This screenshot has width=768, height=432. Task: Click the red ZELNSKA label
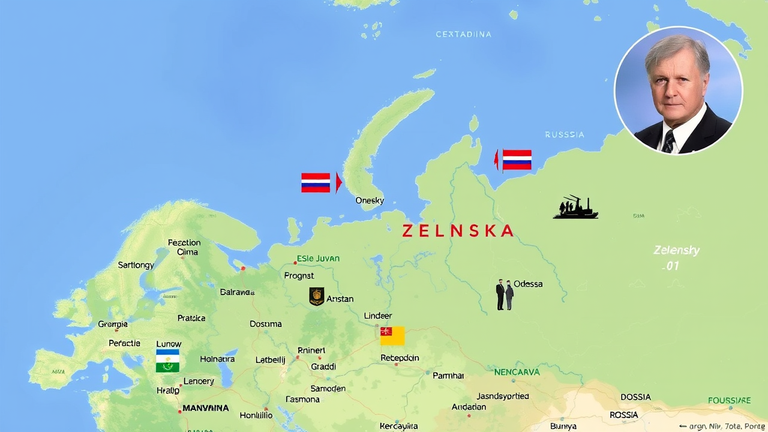point(458,231)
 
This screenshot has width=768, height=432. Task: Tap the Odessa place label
point(528,284)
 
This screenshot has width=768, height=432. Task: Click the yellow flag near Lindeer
point(392,336)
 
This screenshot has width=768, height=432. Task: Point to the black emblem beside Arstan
point(317,296)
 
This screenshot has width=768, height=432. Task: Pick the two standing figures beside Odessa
point(505,295)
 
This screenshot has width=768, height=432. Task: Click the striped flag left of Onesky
point(316,182)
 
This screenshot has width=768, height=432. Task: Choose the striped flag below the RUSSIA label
point(517,160)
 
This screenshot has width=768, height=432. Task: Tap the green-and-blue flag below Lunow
point(167,361)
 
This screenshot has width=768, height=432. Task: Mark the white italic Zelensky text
point(676,250)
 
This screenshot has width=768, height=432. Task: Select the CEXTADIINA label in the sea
point(463,34)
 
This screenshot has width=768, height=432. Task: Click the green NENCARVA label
point(517,372)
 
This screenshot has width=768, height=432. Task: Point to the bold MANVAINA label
point(205,408)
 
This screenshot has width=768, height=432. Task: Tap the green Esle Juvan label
point(318,259)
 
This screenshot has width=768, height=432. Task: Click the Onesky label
point(370,200)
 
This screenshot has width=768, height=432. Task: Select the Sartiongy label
point(136,265)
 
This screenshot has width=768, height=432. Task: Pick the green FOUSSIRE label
point(729,400)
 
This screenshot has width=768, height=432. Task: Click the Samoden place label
point(328,388)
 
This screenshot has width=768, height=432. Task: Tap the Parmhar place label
point(448,375)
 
